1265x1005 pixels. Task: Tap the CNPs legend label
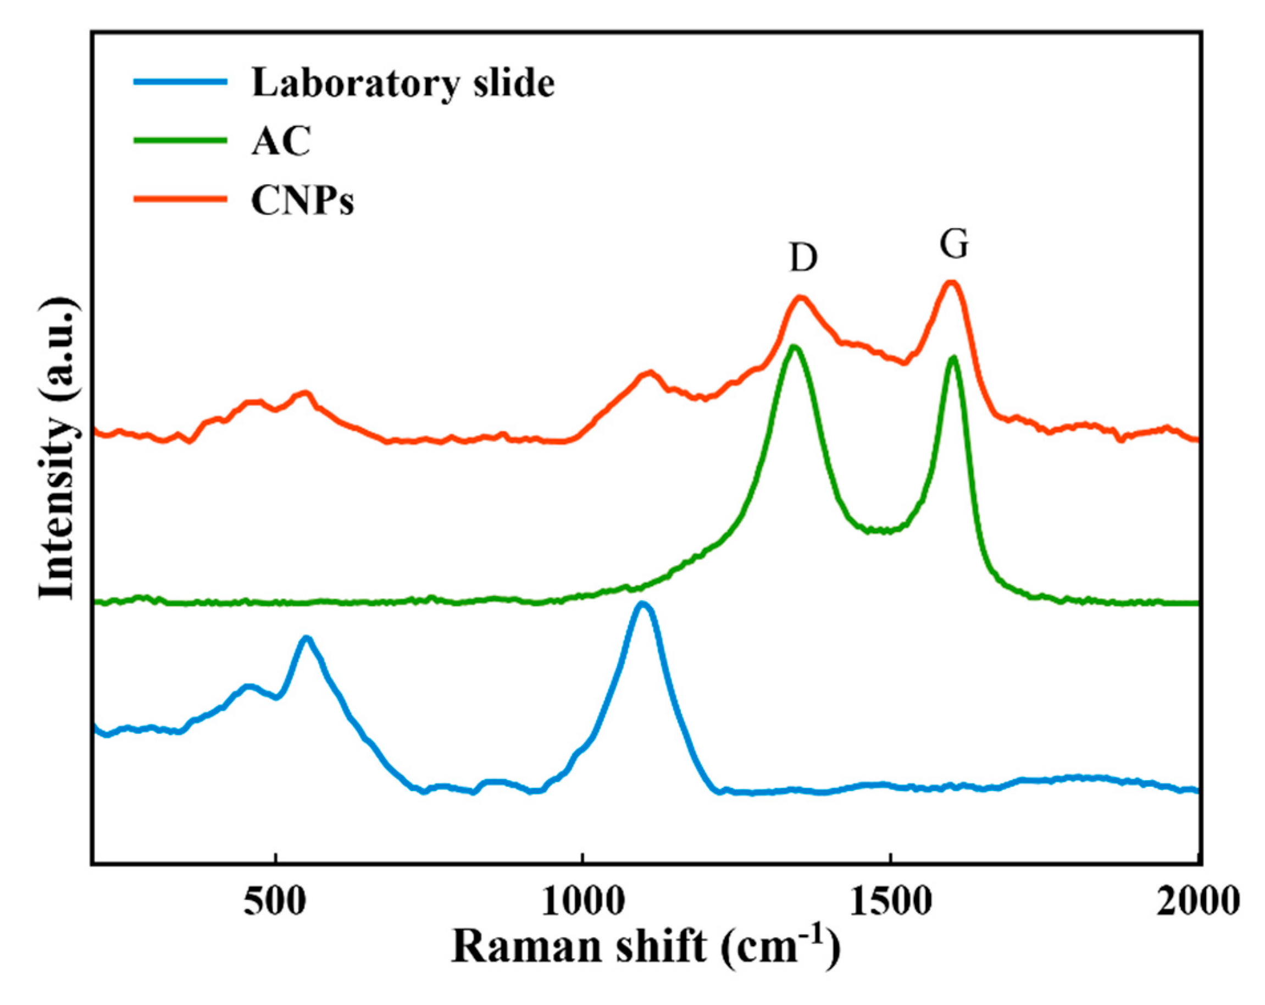303,201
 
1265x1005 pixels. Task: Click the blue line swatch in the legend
180,81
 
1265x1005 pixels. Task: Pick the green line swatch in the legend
180,140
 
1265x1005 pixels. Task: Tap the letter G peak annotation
953,244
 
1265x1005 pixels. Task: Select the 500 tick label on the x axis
275,902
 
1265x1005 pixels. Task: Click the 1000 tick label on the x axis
582,902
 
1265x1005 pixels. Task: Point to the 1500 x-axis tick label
891,902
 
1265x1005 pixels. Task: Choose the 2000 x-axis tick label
1197,902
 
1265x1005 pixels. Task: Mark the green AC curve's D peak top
795,347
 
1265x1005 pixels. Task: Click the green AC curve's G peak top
953,357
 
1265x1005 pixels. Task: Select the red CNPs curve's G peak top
951,283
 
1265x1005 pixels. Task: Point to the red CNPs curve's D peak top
801,297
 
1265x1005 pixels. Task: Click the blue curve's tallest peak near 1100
643,604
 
